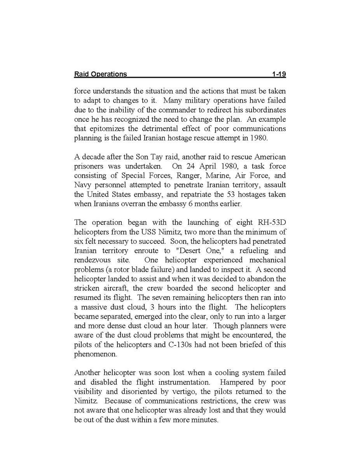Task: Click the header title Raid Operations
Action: click(100, 74)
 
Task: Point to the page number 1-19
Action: click(279, 74)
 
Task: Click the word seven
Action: click(159, 297)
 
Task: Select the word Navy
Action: click(82, 185)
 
